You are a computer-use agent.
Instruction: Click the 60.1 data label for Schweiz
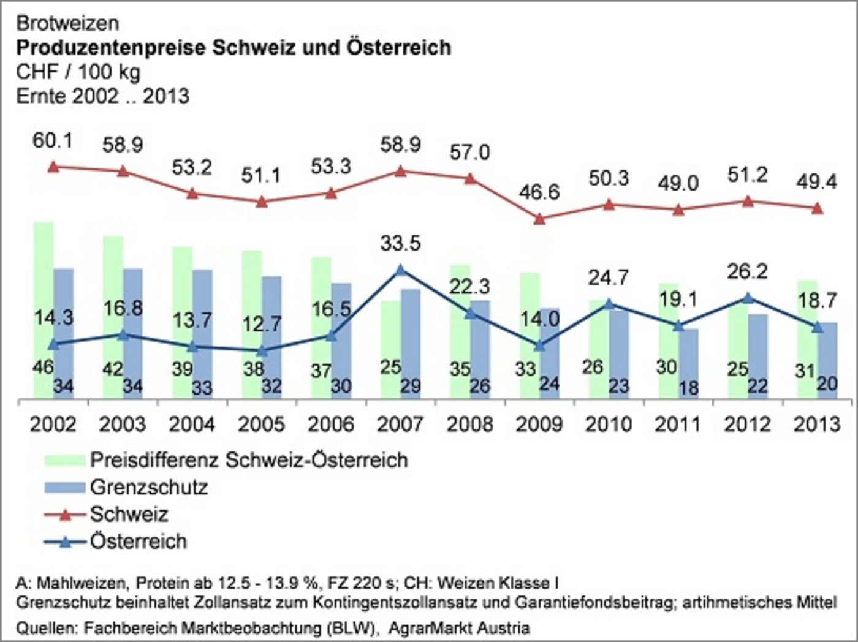click(53, 140)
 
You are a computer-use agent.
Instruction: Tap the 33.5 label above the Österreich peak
click(400, 243)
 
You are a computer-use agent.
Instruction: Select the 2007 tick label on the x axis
click(400, 424)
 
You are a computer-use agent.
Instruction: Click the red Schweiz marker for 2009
click(539, 219)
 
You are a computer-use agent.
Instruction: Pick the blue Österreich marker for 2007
click(400, 270)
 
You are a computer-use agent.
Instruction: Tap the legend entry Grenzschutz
click(148, 487)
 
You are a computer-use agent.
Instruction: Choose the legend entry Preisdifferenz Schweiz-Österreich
click(248, 459)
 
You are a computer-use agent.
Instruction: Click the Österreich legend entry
click(138, 542)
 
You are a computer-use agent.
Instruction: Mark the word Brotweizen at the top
click(67, 23)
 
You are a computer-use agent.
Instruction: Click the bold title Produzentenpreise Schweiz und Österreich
click(233, 47)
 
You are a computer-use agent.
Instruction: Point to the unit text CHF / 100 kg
click(78, 72)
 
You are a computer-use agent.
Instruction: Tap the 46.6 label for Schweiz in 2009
click(539, 192)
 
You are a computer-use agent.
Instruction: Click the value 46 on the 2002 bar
click(42, 367)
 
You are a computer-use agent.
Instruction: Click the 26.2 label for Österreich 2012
click(747, 271)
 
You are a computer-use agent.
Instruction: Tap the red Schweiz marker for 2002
click(53, 167)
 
